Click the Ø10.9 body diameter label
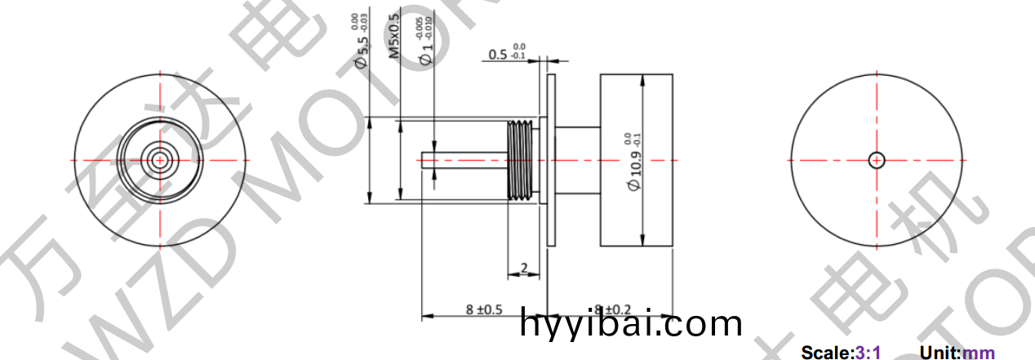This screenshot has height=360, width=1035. point(636,163)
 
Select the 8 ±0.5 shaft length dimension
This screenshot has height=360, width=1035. point(483,309)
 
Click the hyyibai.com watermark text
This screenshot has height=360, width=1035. point(631,325)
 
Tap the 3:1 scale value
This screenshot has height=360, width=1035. point(867,353)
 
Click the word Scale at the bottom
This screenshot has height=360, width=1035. point(826,353)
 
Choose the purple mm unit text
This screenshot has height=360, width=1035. point(979,353)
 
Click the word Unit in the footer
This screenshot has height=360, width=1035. point(939,353)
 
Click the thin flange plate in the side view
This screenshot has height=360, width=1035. point(551,160)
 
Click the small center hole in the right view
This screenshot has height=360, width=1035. point(877,160)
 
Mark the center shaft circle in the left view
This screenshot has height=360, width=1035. point(160,159)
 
